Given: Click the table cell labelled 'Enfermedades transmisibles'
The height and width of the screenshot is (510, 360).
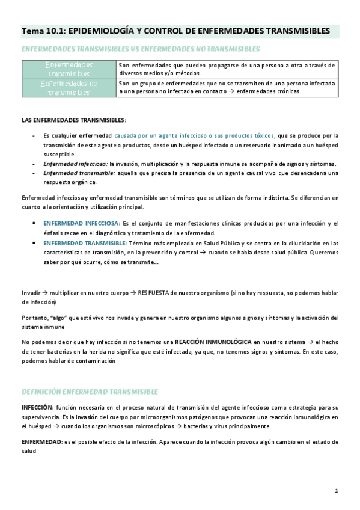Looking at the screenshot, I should click(x=69, y=69).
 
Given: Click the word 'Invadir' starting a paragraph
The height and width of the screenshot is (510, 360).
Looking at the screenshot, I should click(x=31, y=293).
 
